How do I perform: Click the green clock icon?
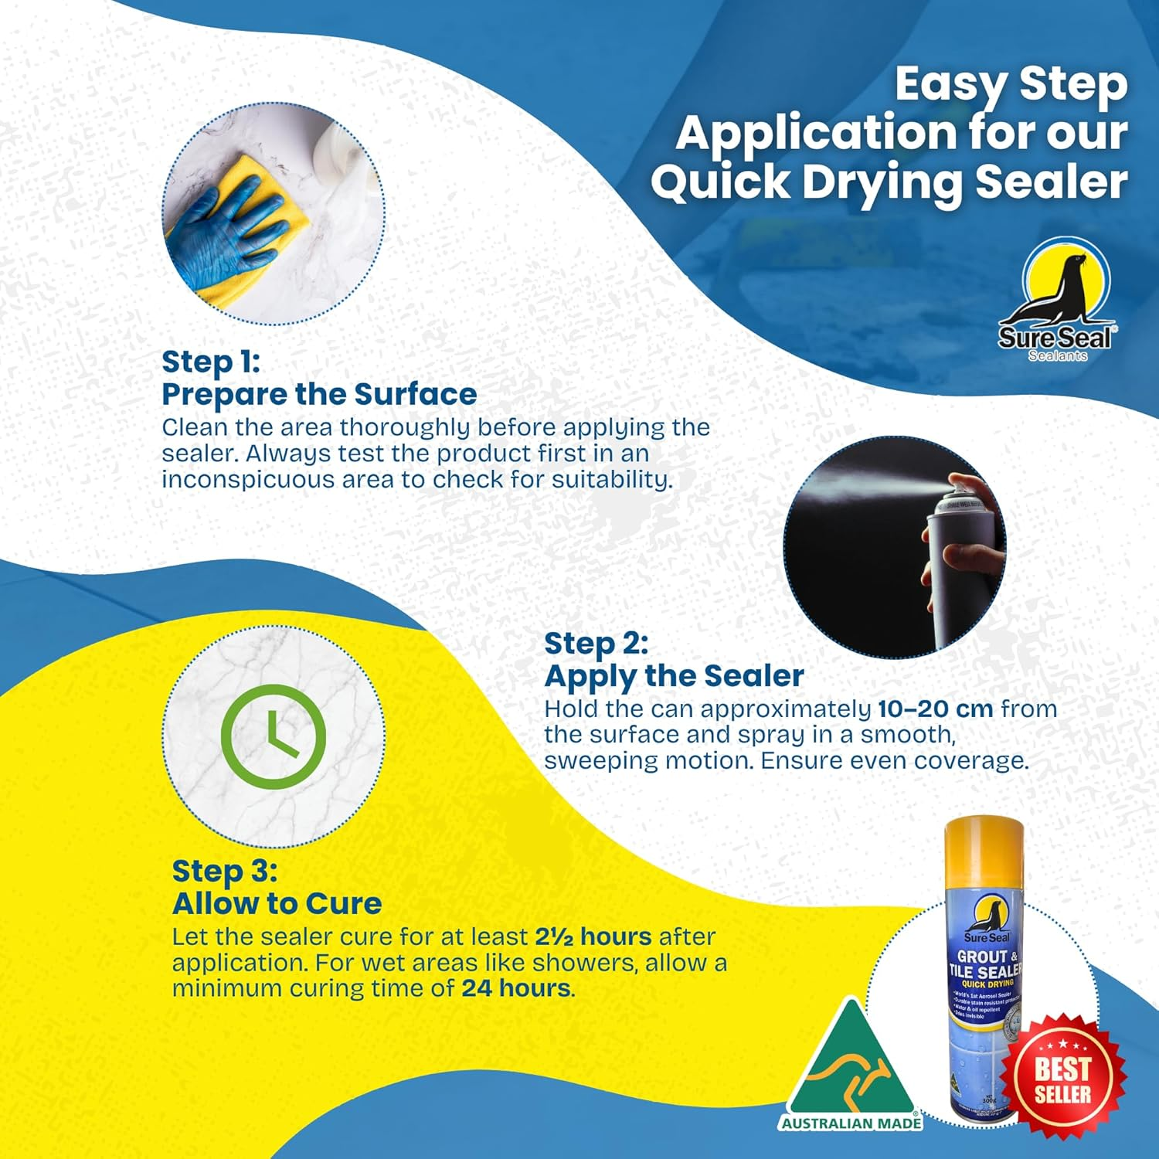273,736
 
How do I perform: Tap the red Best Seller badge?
1062,1080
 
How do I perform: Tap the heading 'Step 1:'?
211,362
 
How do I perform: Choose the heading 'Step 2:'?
596,643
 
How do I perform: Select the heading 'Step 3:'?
224,871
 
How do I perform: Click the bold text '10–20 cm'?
936,709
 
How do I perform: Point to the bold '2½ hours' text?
593,936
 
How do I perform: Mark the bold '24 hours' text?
516,988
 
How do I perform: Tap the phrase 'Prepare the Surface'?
319,394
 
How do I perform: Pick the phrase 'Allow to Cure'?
277,903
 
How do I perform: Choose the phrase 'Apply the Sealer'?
674,676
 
